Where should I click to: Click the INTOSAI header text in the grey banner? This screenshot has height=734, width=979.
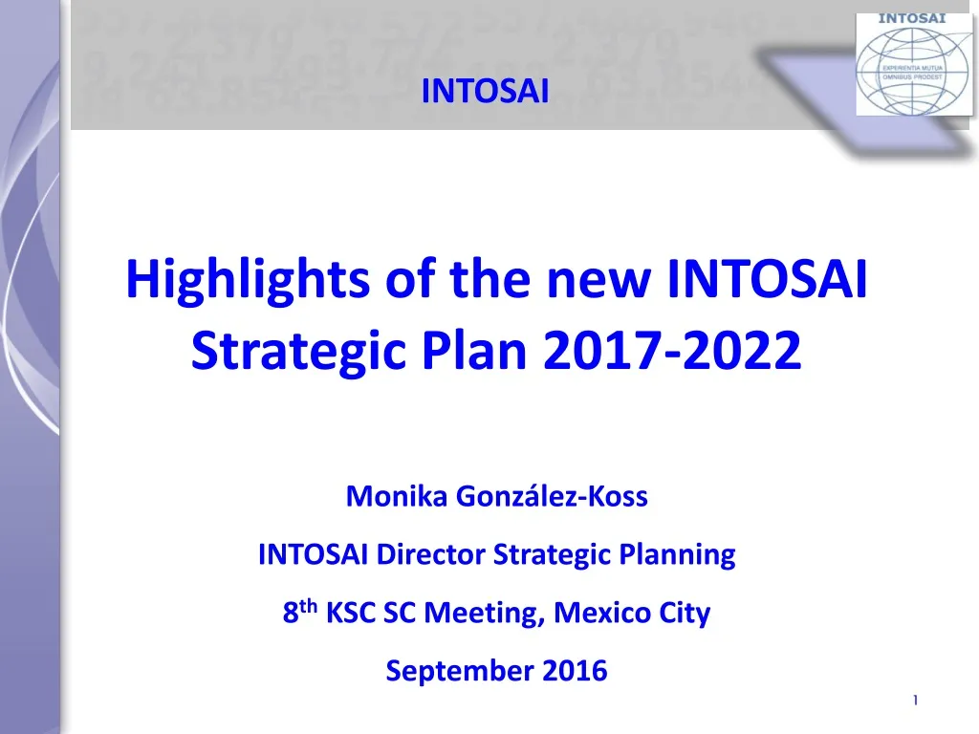pyautogui.click(x=485, y=91)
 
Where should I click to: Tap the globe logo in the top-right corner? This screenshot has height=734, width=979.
pyautogui.click(x=913, y=65)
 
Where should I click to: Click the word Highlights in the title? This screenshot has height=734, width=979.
pyautogui.click(x=248, y=280)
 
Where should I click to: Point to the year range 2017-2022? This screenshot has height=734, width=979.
pyautogui.click(x=672, y=350)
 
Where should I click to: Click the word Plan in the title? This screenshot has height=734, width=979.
pyautogui.click(x=474, y=350)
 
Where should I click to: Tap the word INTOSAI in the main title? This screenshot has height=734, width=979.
pyautogui.click(x=768, y=278)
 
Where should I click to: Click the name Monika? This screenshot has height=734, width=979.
pyautogui.click(x=397, y=496)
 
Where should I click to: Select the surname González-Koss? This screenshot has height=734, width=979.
pyautogui.click(x=552, y=496)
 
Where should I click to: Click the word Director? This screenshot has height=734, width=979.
pyautogui.click(x=431, y=554)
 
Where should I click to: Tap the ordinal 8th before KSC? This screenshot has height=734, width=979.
pyautogui.click(x=299, y=611)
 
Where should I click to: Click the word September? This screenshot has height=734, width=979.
pyautogui.click(x=460, y=671)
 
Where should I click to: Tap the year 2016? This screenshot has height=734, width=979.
pyautogui.click(x=575, y=670)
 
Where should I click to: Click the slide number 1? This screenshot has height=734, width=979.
pyautogui.click(x=915, y=701)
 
